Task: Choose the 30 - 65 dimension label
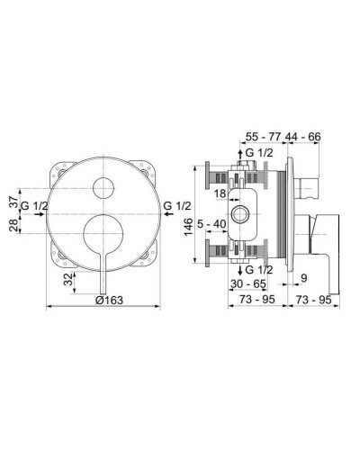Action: pos(248,281)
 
